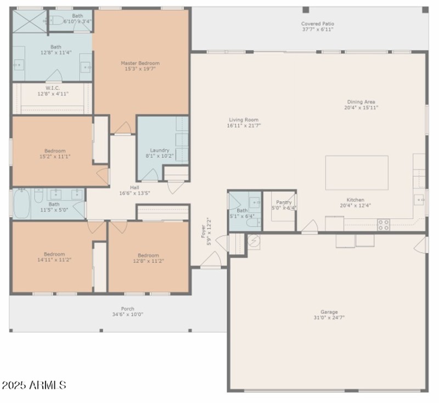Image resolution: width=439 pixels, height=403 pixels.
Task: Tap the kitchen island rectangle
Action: point(357,173)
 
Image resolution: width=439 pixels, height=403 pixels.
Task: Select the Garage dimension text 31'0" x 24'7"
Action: point(329,317)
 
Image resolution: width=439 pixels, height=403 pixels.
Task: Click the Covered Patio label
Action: point(317,24)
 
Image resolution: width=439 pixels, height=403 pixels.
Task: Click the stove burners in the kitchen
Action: point(384,224)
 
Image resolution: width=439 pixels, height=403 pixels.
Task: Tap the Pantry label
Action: point(284,202)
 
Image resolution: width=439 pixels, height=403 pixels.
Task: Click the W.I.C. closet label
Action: point(53,88)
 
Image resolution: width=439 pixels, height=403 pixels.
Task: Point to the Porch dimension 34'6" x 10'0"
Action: point(127,315)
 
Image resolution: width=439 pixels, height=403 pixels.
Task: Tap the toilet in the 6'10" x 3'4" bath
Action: point(57,21)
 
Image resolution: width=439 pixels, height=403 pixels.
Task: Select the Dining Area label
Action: point(361,102)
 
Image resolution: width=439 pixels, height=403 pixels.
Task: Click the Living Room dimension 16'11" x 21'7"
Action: point(244,126)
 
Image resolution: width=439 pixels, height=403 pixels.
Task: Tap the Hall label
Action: point(134,187)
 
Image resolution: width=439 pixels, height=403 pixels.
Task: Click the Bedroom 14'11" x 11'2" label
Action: point(54,254)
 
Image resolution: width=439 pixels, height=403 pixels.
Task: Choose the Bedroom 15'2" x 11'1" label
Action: point(55,151)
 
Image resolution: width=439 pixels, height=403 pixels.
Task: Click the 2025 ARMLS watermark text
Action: point(34,385)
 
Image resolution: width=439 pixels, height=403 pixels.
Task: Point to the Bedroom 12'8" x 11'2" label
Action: point(148,255)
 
